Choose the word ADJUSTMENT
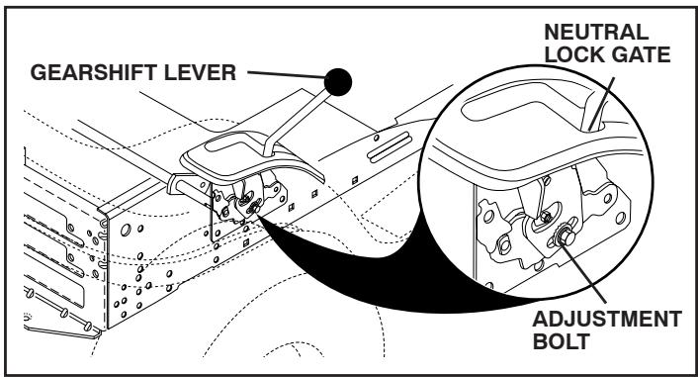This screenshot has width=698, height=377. coord(614,322)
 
